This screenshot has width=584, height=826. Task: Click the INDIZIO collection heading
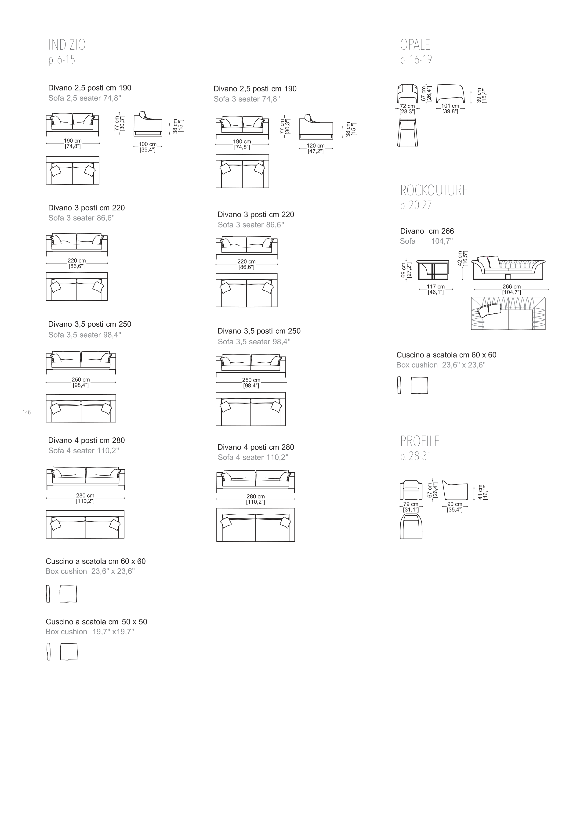[67, 45]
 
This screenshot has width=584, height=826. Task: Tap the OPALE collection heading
[415, 45]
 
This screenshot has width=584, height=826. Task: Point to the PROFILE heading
[420, 441]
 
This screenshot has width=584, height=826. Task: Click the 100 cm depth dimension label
[148, 144]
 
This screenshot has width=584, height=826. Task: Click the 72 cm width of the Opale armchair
[407, 106]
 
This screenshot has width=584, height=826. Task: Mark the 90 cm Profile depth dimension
[455, 504]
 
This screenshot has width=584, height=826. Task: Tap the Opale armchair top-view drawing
[408, 133]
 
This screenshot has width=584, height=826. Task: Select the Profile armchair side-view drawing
[455, 490]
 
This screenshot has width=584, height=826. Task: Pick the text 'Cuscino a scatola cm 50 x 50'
[96, 622]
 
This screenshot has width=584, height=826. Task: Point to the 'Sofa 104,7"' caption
[426, 242]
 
